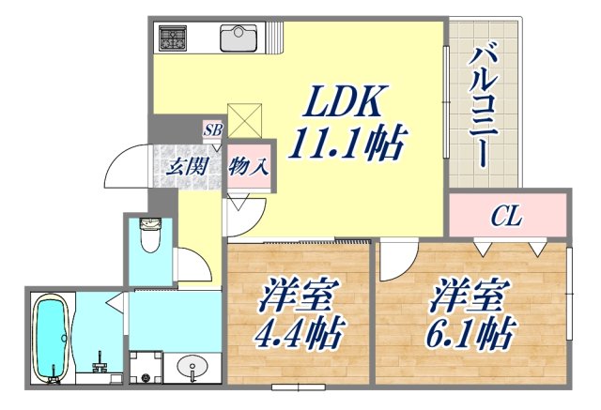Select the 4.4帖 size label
point(299,329)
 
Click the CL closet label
point(507,218)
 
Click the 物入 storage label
point(249,169)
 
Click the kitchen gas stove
point(174,38)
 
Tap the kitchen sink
point(239,38)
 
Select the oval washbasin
point(194,367)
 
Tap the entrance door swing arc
point(125,168)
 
